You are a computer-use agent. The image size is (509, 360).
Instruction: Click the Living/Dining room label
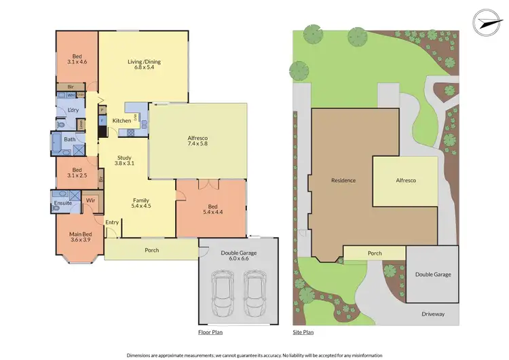coord(143,62)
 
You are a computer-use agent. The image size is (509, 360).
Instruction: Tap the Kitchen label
coord(121,121)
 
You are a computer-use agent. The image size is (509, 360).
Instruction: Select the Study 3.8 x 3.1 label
coord(124,160)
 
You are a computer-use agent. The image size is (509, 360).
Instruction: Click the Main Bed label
coord(79,238)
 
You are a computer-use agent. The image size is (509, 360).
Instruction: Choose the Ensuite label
coord(62,203)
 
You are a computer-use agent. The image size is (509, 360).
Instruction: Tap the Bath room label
coord(69,139)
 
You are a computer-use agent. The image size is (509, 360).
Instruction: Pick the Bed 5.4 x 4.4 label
coord(213,209)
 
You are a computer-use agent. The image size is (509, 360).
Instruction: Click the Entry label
coord(111,222)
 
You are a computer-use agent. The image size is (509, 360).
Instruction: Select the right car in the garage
coord(254,293)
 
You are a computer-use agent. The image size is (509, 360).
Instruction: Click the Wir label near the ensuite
coord(90,200)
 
